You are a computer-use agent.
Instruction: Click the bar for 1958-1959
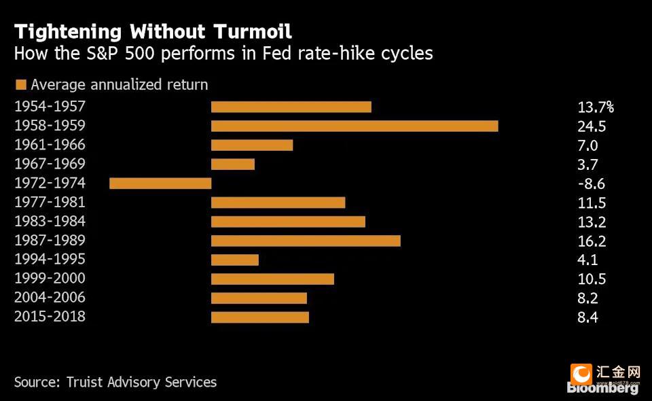(x=355, y=126)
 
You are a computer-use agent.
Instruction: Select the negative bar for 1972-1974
(x=160, y=184)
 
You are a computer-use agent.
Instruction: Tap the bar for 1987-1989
(x=306, y=241)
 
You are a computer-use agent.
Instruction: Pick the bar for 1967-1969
(x=233, y=164)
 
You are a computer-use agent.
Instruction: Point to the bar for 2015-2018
(x=260, y=317)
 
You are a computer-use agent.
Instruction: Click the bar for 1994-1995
(x=235, y=260)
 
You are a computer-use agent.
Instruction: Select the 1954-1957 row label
(x=50, y=107)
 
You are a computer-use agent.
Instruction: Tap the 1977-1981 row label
(x=50, y=202)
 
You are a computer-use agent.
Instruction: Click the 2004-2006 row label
(x=50, y=298)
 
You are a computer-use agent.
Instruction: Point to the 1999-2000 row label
(x=50, y=278)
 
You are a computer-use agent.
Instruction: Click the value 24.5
(x=592, y=126)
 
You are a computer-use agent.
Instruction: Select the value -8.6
(x=592, y=184)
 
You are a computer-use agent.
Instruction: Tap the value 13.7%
(x=596, y=107)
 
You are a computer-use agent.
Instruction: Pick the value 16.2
(x=592, y=241)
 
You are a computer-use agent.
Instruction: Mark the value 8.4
(x=587, y=318)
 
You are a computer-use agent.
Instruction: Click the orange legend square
(x=21, y=85)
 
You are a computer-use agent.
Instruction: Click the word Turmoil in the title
(x=253, y=32)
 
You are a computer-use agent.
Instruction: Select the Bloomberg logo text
(x=602, y=388)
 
